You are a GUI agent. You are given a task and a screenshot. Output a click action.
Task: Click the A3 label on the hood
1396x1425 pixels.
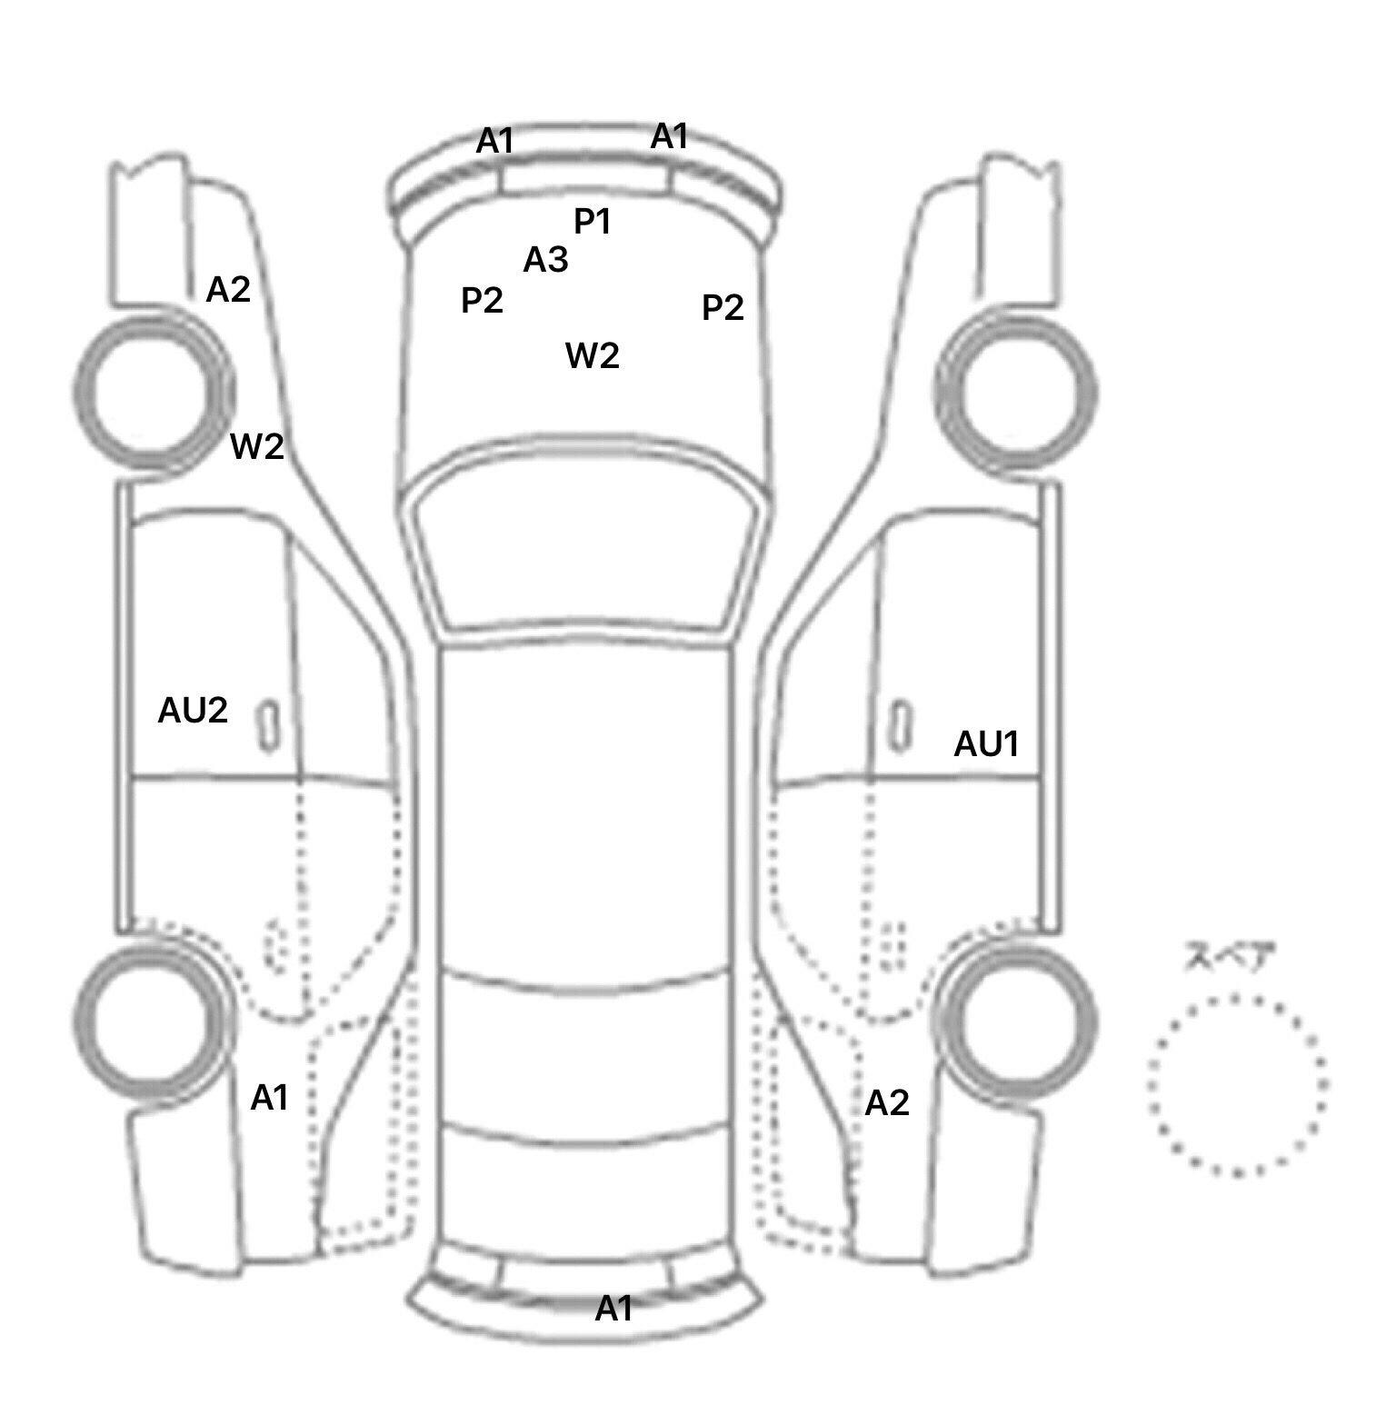click(x=545, y=260)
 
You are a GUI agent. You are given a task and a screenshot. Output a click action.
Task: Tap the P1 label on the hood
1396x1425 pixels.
click(x=593, y=221)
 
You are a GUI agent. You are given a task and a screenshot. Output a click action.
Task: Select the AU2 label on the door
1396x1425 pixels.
click(x=193, y=710)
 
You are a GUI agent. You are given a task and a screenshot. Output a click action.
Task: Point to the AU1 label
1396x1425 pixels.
click(x=986, y=744)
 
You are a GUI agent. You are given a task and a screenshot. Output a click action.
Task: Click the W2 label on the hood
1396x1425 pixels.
click(x=593, y=355)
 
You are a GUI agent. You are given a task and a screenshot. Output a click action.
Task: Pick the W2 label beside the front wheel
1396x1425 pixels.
click(x=257, y=446)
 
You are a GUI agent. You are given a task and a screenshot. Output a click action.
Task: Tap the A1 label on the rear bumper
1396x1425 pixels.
click(x=613, y=1309)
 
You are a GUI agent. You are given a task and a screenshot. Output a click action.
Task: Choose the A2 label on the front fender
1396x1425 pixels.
click(x=228, y=290)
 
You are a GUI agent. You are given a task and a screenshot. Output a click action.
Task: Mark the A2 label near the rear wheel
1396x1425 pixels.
click(x=887, y=1103)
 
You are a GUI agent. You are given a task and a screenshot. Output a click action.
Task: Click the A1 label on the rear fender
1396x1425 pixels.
click(x=269, y=1098)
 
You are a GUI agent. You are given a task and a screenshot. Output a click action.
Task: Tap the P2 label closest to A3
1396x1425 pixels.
click(x=482, y=300)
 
